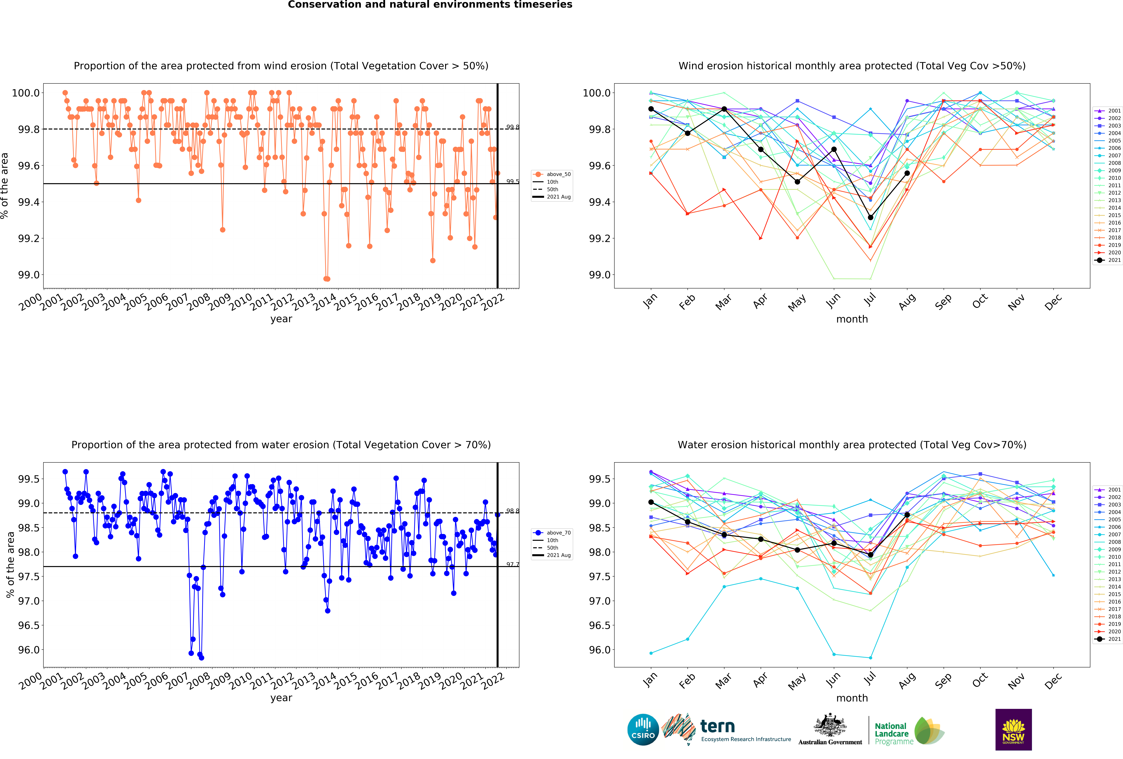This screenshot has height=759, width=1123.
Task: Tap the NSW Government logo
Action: tap(1013, 730)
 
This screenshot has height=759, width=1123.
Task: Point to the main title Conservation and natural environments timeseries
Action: tap(430, 5)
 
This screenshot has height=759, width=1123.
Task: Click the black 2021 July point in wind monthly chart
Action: tap(870, 217)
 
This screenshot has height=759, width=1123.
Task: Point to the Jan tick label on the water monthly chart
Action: tap(650, 680)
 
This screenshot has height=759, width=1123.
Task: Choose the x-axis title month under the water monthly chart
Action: tap(852, 698)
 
